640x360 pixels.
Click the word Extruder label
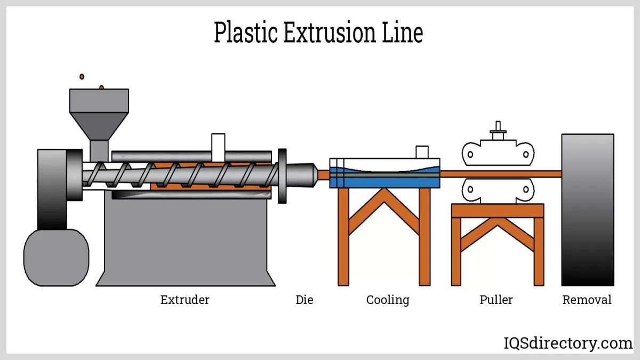[185, 300]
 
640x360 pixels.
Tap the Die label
[305, 300]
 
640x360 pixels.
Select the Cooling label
[388, 300]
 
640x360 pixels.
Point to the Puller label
[496, 300]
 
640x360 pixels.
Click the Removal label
[587, 300]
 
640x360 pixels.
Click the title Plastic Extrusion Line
[318, 33]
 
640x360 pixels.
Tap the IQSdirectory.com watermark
[568, 343]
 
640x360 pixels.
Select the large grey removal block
[587, 210]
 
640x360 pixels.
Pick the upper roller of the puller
[498, 154]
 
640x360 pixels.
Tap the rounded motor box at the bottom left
[56, 258]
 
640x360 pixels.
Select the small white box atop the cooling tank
[422, 152]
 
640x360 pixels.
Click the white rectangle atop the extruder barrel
[218, 142]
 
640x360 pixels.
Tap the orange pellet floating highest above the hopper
[82, 77]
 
